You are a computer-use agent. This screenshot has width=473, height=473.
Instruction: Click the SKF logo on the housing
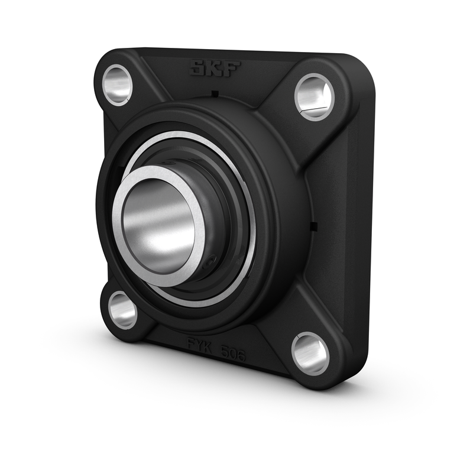pyautogui.click(x=214, y=68)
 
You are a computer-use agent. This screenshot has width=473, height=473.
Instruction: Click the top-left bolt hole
pyautogui.click(x=118, y=84)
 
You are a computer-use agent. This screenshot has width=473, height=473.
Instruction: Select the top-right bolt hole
pyautogui.click(x=313, y=96)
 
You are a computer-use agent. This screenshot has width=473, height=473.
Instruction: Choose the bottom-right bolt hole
pyautogui.click(x=310, y=353)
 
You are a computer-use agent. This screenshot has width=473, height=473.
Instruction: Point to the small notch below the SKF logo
pyautogui.click(x=215, y=94)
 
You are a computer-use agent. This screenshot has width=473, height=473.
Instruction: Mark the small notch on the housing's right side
pyautogui.click(x=314, y=225)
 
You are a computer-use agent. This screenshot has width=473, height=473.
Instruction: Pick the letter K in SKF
pyautogui.click(x=214, y=68)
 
